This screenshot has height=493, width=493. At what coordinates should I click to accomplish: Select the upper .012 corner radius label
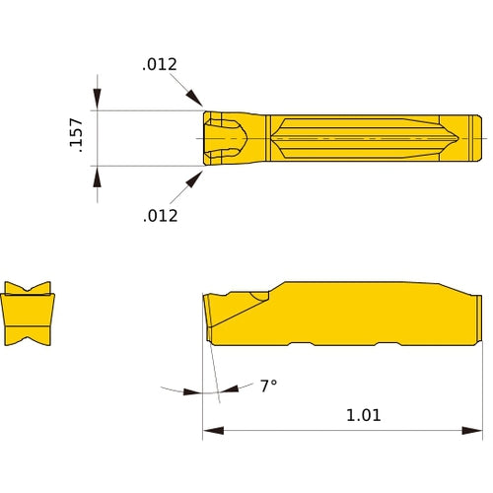pos(160,65)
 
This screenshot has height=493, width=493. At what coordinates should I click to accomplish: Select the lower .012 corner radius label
pos(160,215)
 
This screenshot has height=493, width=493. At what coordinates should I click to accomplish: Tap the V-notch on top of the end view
pos(29,290)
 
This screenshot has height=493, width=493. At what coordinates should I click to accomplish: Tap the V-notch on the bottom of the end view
pos(29,340)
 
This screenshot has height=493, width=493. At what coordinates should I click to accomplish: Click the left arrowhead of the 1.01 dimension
pos(210,431)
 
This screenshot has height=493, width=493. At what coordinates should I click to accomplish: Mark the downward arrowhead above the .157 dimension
pos(97,101)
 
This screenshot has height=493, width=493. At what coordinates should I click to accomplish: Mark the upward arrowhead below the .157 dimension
pos(97,175)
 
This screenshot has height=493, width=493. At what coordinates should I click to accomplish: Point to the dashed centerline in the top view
pos(375,137)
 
